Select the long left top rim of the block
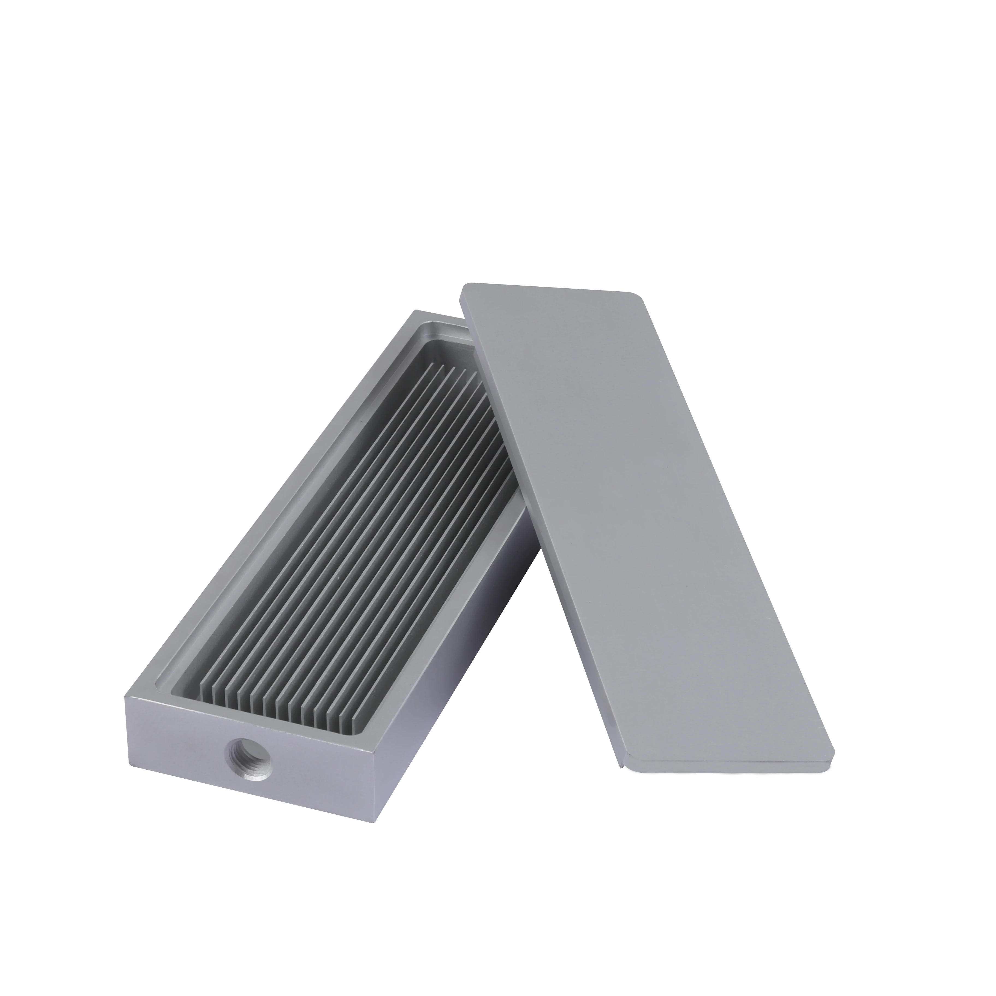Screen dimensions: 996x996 [x=268, y=505]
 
